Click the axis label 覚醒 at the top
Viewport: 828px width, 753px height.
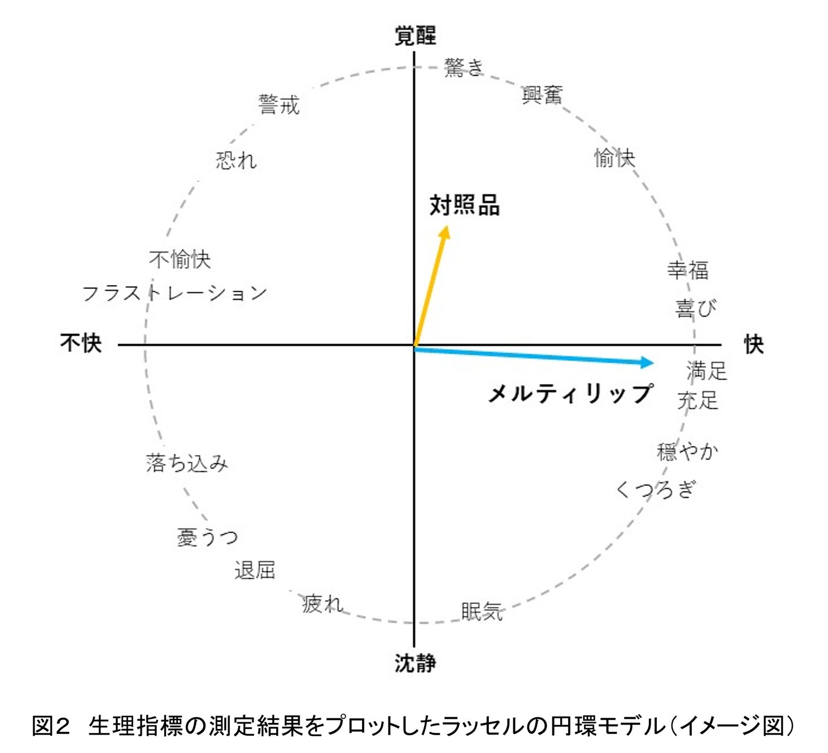point(415,36)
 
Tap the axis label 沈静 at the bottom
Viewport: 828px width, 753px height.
point(415,663)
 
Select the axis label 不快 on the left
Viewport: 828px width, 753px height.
point(81,342)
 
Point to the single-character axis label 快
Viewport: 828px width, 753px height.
point(753,345)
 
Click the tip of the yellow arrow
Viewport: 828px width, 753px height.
point(447,226)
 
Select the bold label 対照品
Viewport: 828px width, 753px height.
point(464,205)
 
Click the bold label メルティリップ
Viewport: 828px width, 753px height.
point(570,394)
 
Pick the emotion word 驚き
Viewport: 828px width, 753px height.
point(463,67)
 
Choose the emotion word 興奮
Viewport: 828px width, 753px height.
point(542,95)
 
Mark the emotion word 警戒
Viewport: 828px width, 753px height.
point(279,105)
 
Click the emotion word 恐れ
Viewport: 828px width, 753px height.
point(236,161)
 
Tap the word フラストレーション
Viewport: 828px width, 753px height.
point(175,293)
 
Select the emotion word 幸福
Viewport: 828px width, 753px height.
point(687,271)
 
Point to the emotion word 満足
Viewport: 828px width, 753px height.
point(706,371)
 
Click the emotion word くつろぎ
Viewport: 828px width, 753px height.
point(656,490)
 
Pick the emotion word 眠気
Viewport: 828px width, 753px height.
point(482,611)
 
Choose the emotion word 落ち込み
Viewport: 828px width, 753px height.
point(187,463)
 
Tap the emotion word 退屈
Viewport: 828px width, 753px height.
point(254,570)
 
